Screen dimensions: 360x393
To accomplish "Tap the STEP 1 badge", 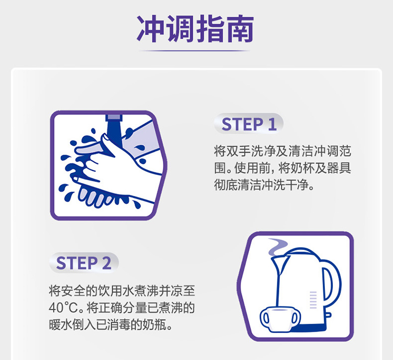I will pyautogui.click(x=248, y=124).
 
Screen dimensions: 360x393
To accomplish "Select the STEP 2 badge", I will pyautogui.click(x=84, y=263).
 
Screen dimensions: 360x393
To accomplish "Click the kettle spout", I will pyautogui.click(x=276, y=261).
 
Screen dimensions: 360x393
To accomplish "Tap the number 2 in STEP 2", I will pyautogui.click(x=106, y=263).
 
